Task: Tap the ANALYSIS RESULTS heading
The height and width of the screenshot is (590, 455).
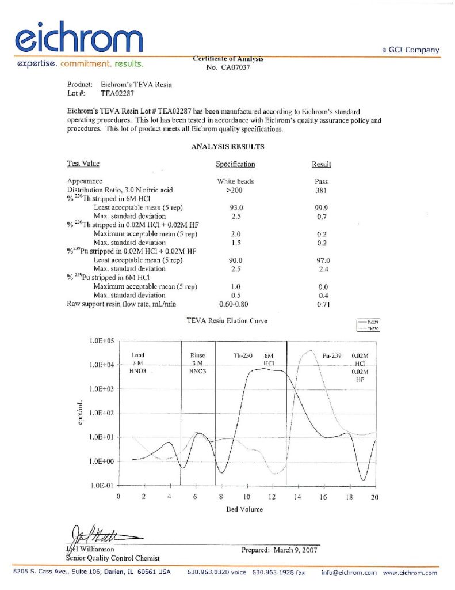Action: click(x=227, y=147)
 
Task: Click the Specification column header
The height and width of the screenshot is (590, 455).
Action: click(x=235, y=164)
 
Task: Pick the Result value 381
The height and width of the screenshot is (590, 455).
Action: click(x=322, y=190)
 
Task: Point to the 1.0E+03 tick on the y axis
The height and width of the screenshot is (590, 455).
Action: click(x=101, y=389)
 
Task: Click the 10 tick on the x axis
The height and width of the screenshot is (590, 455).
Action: click(x=246, y=497)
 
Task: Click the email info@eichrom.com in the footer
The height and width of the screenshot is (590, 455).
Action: click(x=349, y=573)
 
